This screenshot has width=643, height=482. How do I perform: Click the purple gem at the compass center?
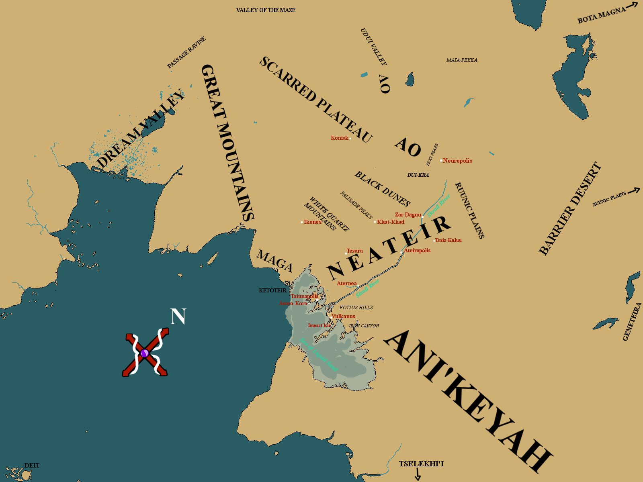145,353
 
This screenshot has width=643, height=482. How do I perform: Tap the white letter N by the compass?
178,317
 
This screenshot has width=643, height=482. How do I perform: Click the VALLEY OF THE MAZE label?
266,10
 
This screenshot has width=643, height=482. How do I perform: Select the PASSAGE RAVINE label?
186,52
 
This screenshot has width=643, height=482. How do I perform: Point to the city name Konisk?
340,138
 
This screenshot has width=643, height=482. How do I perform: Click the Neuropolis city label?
457,161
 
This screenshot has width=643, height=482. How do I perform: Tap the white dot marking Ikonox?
302,222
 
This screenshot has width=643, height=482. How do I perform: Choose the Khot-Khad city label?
391,222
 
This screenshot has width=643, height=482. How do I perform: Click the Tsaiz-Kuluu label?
448,240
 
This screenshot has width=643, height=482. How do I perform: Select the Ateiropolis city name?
417,250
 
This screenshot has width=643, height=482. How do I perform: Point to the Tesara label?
354,251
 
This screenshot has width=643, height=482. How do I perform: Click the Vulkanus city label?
343,316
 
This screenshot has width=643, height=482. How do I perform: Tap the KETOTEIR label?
273,290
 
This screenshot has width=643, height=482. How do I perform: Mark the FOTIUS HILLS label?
356,307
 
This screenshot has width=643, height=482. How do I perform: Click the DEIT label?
32,466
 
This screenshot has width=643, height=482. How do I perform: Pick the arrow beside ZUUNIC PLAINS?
633,190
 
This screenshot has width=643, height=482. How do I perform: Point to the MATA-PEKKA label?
462,60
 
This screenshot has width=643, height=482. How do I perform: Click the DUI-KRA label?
418,175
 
